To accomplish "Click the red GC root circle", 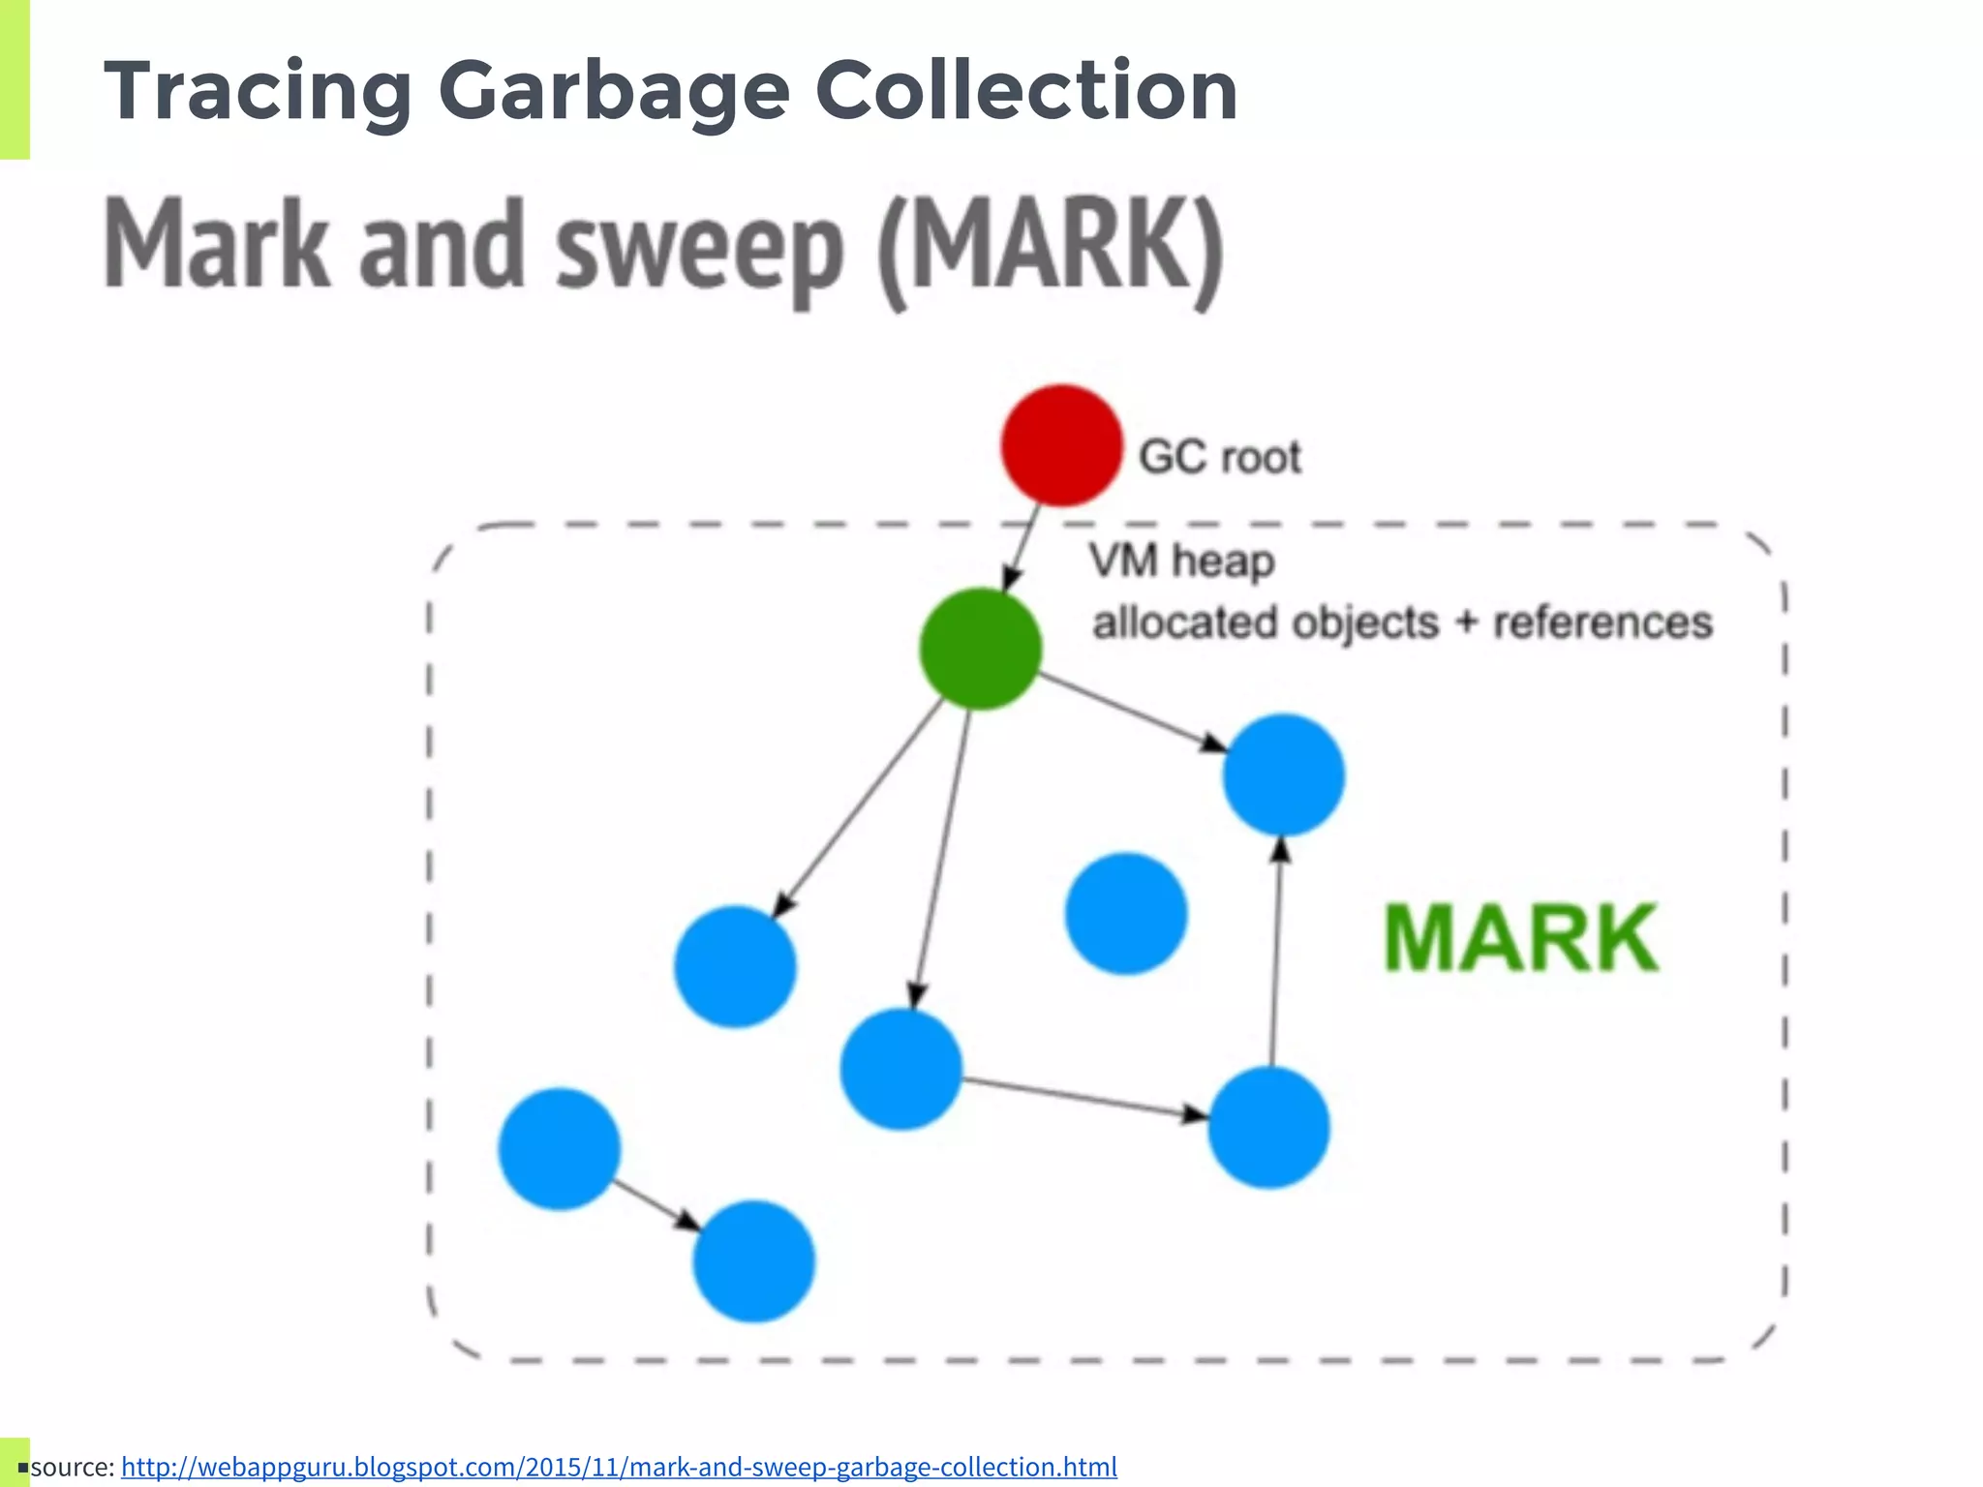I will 1061,445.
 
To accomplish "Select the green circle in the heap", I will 980,649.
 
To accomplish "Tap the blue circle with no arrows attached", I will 1126,913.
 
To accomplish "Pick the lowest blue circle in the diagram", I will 753,1261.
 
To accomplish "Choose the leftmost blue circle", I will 560,1149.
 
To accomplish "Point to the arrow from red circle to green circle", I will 1021,548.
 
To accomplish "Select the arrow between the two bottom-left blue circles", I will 656,1205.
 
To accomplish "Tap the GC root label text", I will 1219,457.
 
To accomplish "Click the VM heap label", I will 1181,561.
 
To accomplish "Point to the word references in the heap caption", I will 1602,622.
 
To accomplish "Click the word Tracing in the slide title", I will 258,91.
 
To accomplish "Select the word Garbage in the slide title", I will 614,91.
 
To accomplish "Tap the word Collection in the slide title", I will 1026,91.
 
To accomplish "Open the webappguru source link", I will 619,1467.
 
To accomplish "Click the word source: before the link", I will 73,1467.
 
